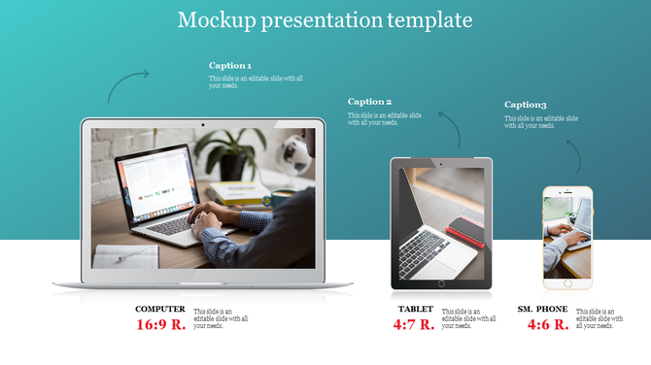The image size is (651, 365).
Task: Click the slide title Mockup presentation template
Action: (325, 19)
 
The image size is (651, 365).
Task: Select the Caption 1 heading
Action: (229, 65)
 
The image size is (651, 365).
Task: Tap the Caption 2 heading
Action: (369, 101)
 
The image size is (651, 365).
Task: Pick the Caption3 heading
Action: (525, 104)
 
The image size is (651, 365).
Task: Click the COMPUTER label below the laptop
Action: (160, 309)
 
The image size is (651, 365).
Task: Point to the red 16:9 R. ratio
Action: (161, 324)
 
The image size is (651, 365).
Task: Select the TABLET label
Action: (415, 309)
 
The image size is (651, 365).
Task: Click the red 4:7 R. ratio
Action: (414, 324)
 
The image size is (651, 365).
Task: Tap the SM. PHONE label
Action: (542, 309)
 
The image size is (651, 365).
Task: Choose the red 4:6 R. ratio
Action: (548, 324)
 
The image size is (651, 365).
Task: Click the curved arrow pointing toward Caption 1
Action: (126, 84)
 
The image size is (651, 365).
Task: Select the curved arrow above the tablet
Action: (450, 126)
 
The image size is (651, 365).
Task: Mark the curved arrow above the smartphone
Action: (573, 155)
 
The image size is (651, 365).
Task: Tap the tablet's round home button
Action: (441, 283)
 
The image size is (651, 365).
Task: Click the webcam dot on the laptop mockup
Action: (202, 124)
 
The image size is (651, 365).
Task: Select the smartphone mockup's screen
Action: (566, 236)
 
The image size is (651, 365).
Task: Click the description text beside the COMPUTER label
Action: (221, 318)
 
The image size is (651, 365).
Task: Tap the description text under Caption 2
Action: (385, 118)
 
